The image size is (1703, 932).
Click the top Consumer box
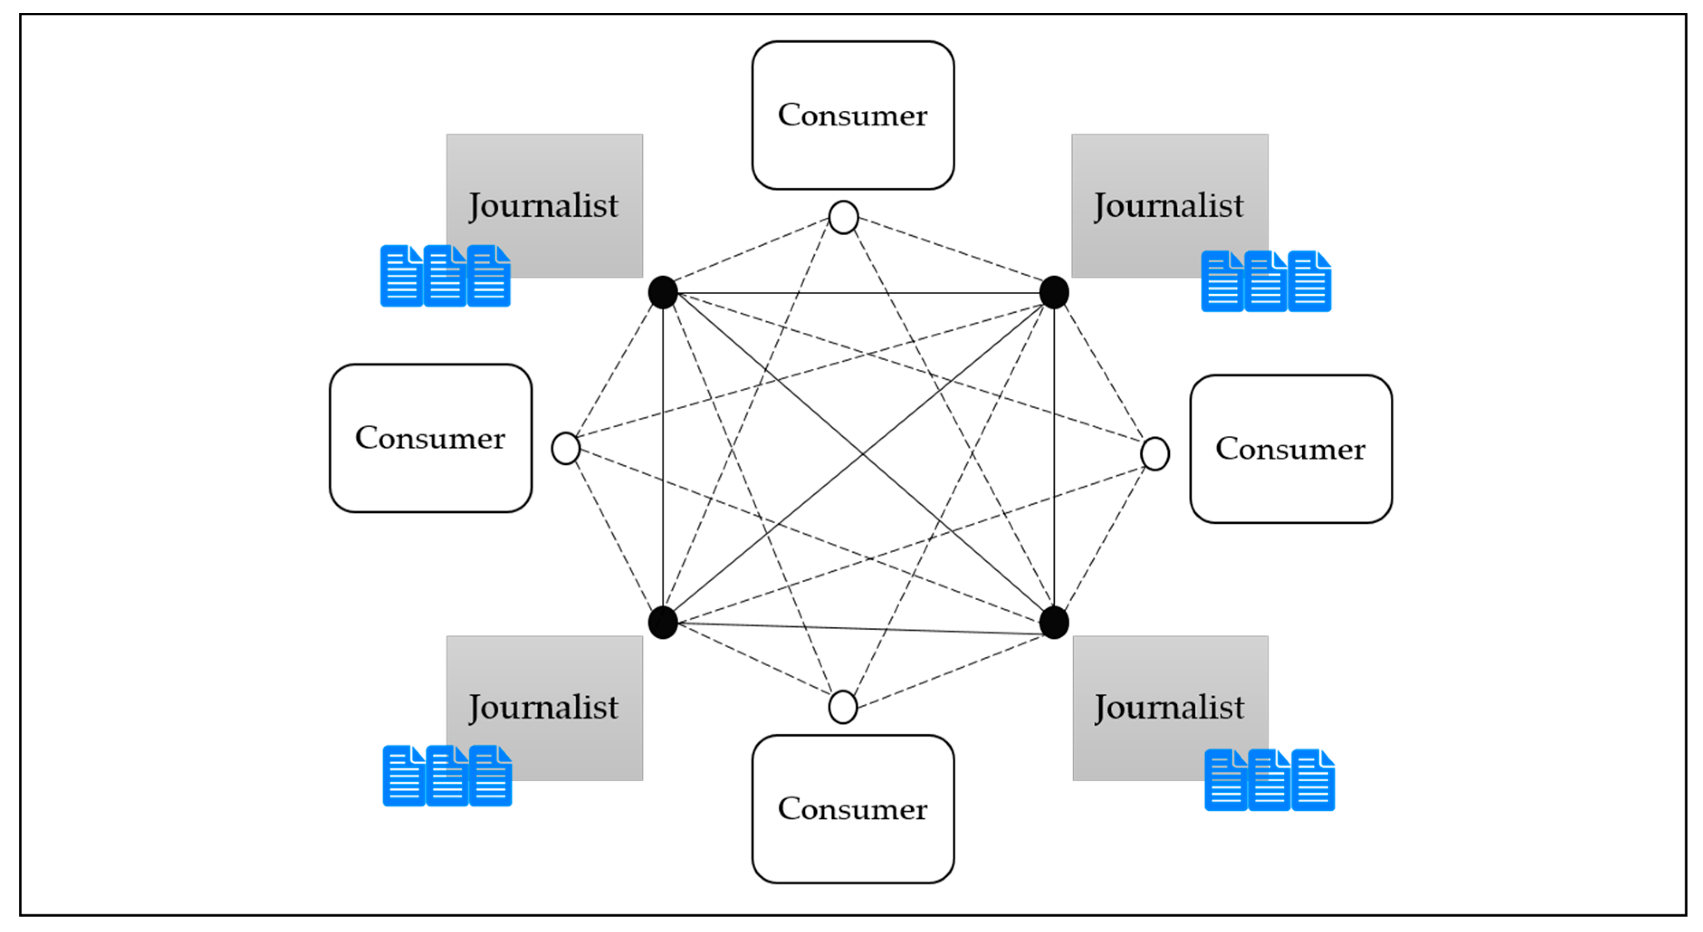(x=853, y=115)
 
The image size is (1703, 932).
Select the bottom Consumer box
(x=853, y=809)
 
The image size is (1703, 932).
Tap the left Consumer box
(x=430, y=438)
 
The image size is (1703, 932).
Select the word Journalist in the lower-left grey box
(x=544, y=708)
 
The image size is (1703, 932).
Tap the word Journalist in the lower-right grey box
(x=1169, y=708)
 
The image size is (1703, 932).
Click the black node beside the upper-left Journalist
(x=663, y=292)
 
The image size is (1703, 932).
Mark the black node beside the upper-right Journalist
(x=1054, y=292)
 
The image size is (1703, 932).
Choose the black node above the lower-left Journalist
(x=663, y=623)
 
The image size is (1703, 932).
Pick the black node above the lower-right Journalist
(x=1054, y=623)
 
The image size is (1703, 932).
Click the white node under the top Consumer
(x=844, y=217)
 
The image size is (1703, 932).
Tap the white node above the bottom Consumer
(x=843, y=707)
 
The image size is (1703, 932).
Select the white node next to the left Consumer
(x=566, y=449)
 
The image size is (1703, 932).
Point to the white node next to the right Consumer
(x=1155, y=454)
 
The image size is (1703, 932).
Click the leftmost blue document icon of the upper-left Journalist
(x=401, y=276)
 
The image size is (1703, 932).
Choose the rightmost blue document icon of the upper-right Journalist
(x=1310, y=281)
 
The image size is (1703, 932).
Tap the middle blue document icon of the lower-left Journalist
(x=448, y=776)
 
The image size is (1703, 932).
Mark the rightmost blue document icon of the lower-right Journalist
(x=1313, y=780)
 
